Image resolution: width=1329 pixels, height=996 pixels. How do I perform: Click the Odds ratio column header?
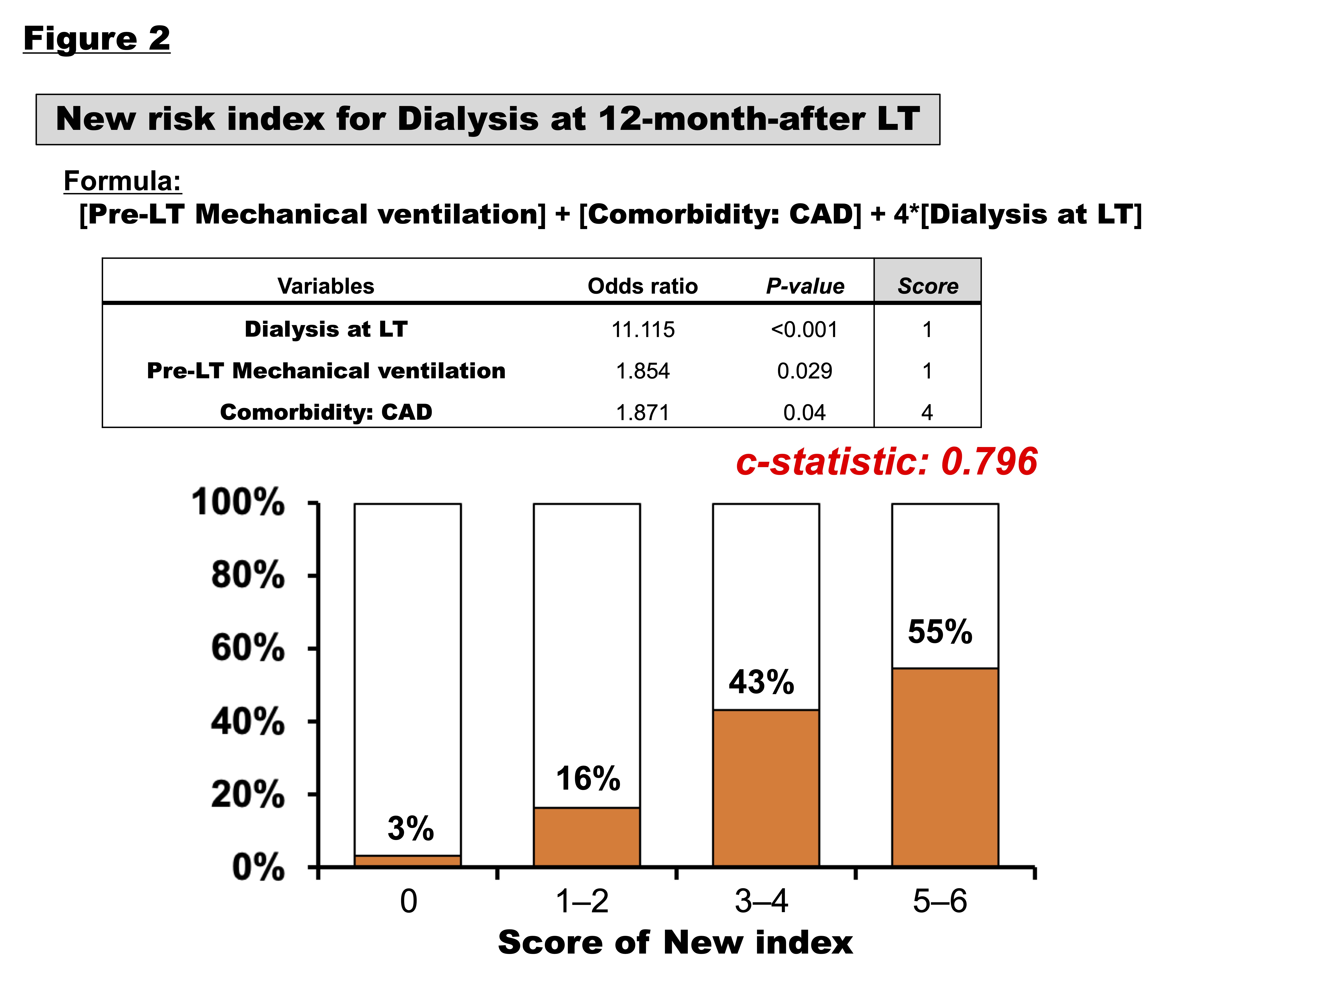[x=642, y=286]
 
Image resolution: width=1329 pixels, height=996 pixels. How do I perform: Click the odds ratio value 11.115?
[x=642, y=330]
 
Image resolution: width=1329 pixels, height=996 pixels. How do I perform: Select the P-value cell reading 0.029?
[x=804, y=371]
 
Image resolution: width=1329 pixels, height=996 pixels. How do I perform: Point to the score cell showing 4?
[x=927, y=413]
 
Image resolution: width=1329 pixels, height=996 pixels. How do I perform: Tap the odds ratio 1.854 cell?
[x=642, y=371]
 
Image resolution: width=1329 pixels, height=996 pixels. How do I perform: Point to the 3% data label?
[x=410, y=829]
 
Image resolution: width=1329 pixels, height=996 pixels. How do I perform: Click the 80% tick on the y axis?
[x=248, y=575]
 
